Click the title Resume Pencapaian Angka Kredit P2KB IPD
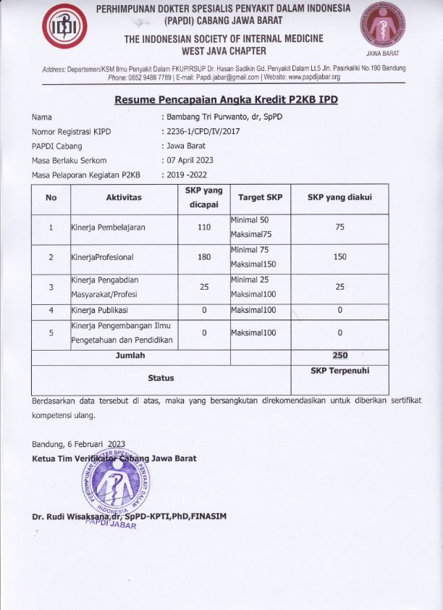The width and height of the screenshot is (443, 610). (226, 98)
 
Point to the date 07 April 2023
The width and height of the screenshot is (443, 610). (190, 160)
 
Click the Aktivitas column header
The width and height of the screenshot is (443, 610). (124, 198)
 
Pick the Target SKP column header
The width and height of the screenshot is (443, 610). (260, 198)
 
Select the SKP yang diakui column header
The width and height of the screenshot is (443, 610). (339, 198)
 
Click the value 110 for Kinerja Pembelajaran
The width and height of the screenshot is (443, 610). (203, 227)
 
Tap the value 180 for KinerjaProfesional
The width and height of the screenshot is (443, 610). (203, 256)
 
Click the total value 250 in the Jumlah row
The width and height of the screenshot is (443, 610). (339, 356)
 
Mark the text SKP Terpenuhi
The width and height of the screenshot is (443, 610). (339, 370)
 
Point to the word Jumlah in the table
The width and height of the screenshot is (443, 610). (130, 356)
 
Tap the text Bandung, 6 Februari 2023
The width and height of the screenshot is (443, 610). (79, 444)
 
